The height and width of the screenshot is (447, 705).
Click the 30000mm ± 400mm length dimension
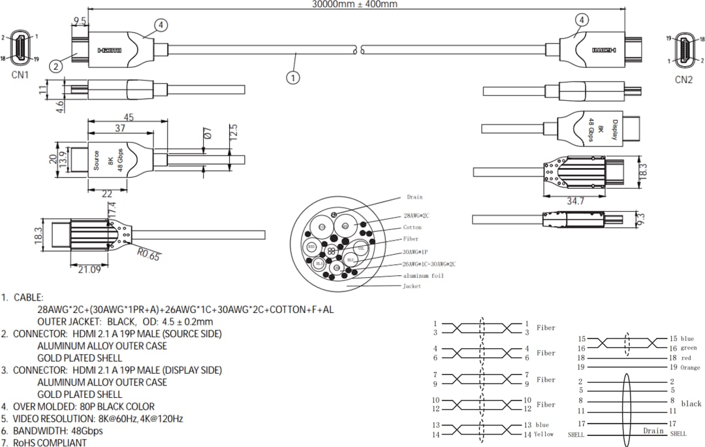(354, 4)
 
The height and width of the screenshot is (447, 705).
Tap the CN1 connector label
(21, 75)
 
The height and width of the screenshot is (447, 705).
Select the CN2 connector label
(683, 80)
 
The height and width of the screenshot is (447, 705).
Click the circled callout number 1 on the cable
(294, 77)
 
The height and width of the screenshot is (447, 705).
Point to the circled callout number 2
(57, 65)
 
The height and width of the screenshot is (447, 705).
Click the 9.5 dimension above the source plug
(80, 21)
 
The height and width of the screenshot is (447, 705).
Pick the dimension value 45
(129, 118)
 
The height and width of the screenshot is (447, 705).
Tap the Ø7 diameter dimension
(208, 134)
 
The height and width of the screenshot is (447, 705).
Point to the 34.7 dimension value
(574, 201)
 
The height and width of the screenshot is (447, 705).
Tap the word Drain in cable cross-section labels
(415, 197)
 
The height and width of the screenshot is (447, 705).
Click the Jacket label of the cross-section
(412, 286)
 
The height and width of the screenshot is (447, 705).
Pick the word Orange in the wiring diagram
(690, 368)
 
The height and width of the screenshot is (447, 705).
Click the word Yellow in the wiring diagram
(544, 434)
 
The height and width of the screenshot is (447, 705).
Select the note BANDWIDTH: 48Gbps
(61, 431)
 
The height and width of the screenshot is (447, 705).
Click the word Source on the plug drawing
(97, 161)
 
